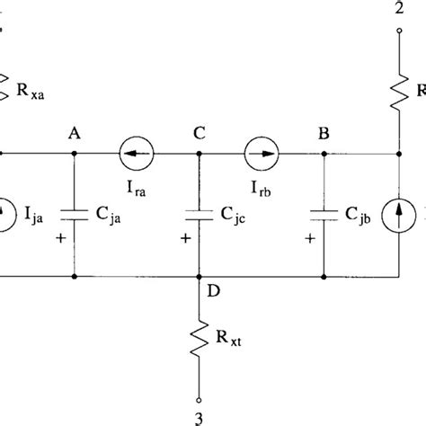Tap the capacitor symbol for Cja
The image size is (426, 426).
coord(73,215)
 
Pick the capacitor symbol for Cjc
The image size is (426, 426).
coord(198,215)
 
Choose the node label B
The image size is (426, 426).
coord(321,134)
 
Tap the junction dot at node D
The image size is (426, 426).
coord(198,276)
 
